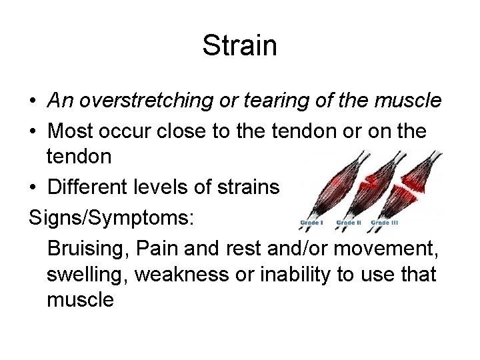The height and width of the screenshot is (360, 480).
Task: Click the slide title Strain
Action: (x=239, y=46)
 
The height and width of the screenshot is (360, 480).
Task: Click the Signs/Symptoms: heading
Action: (x=99, y=219)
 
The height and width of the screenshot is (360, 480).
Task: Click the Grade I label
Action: (x=313, y=222)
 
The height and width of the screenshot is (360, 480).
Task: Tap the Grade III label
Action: (x=385, y=222)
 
